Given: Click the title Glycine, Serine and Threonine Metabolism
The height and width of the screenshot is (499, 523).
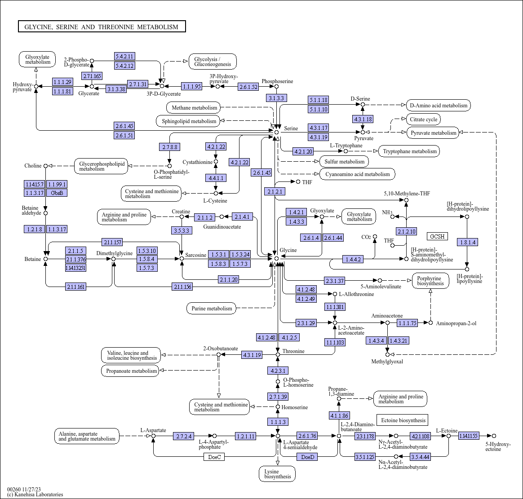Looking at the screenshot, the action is pyautogui.click(x=102, y=26).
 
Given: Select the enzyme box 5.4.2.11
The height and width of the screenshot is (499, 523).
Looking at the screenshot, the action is pyautogui.click(x=124, y=56).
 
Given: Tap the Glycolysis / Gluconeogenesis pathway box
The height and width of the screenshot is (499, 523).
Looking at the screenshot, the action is pyautogui.click(x=213, y=62).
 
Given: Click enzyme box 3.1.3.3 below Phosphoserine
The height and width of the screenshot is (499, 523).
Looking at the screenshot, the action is pyautogui.click(x=276, y=98).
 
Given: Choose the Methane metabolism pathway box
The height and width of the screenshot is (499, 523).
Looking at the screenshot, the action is pyautogui.click(x=194, y=108).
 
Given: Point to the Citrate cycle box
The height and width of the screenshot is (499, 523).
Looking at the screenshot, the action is pyautogui.click(x=423, y=119).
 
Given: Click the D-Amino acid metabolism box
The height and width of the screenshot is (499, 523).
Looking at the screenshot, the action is pyautogui.click(x=439, y=106).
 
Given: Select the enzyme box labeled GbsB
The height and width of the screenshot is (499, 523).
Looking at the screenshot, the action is pyautogui.click(x=57, y=193).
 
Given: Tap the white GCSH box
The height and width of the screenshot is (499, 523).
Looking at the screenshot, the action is pyautogui.click(x=437, y=236).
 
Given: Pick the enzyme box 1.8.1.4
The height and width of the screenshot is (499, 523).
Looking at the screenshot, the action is pyautogui.click(x=467, y=243).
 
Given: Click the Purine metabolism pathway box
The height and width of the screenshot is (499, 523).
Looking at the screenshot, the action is pyautogui.click(x=212, y=308).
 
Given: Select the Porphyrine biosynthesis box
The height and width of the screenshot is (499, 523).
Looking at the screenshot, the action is pyautogui.click(x=430, y=281).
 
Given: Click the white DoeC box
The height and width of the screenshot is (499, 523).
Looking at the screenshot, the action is pyautogui.click(x=214, y=457).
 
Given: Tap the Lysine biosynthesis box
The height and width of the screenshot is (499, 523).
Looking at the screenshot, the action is pyautogui.click(x=277, y=474).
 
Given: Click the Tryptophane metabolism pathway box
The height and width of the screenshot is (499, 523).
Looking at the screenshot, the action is pyautogui.click(x=409, y=151).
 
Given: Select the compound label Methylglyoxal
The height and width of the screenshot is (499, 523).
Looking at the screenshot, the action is pyautogui.click(x=387, y=362).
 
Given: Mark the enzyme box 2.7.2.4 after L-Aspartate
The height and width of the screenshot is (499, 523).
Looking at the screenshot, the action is pyautogui.click(x=184, y=436).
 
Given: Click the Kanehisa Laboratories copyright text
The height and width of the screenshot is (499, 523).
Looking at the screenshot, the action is pyautogui.click(x=35, y=495).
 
